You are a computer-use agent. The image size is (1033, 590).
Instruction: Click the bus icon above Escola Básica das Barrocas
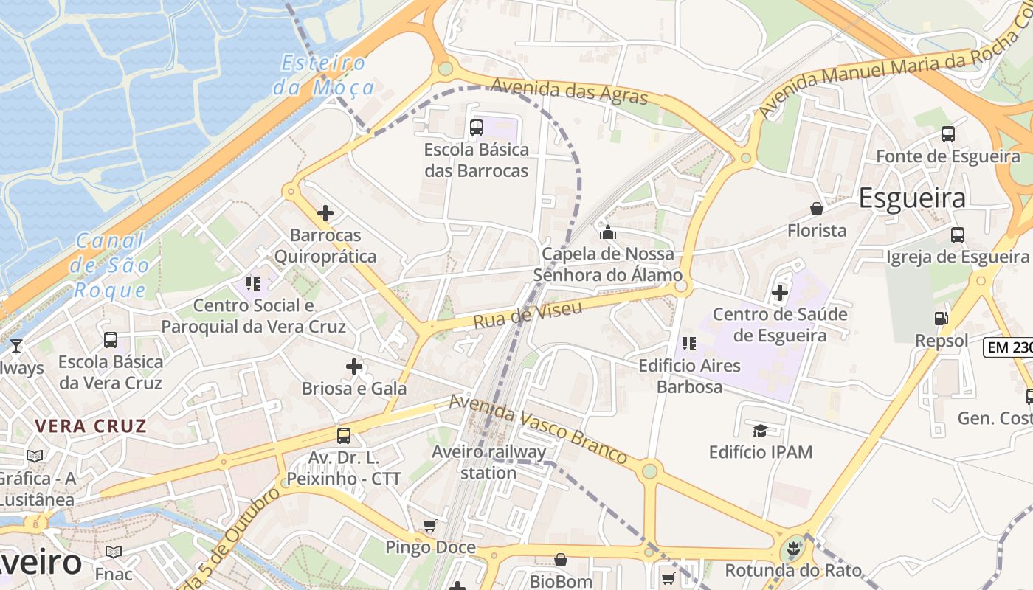click(477, 127)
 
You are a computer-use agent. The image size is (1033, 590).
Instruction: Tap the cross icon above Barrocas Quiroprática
click(325, 214)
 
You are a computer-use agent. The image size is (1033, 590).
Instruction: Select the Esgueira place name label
click(912, 198)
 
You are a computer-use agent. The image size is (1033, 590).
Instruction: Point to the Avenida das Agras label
click(568, 91)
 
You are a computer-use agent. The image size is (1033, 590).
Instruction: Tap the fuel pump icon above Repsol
click(941, 319)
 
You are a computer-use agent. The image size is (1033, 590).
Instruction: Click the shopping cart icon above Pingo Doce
click(429, 526)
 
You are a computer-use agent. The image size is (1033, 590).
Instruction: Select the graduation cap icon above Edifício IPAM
click(760, 430)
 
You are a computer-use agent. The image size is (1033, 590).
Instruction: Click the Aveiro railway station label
click(488, 462)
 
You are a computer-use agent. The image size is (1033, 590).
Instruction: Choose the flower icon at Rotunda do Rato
click(792, 549)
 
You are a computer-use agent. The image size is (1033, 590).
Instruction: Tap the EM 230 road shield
click(1009, 347)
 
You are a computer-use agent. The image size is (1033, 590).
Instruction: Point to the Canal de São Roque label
click(111, 265)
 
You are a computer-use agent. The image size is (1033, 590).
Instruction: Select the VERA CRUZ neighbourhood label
click(91, 426)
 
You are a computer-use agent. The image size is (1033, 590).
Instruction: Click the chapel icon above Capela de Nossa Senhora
click(608, 233)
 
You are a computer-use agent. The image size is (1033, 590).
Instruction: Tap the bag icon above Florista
click(817, 209)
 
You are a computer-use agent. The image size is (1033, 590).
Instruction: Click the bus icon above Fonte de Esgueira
click(948, 134)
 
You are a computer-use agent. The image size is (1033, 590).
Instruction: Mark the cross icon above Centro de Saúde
click(780, 293)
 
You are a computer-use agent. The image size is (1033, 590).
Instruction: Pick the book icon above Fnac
click(114, 552)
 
